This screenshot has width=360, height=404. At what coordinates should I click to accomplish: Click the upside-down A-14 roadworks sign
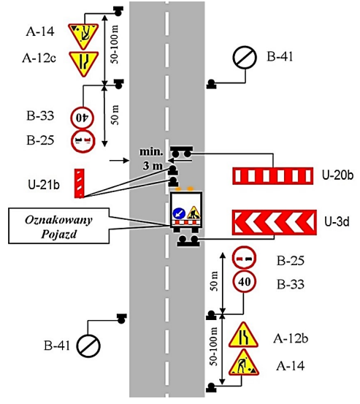83,35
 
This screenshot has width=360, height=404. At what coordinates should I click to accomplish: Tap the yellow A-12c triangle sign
83,63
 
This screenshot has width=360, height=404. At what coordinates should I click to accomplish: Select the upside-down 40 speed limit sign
82,118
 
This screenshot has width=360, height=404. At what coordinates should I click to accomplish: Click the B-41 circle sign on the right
245,58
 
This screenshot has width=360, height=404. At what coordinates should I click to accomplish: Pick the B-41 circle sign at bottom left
88,346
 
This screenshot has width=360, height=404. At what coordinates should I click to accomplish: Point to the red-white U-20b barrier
273,176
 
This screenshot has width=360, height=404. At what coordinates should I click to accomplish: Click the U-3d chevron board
275,222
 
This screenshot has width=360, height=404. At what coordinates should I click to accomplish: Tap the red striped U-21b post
80,183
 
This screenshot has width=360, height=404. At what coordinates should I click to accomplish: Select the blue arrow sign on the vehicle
179,213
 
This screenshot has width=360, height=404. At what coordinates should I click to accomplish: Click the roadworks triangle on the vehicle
194,213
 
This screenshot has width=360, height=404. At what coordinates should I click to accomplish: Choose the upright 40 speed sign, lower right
245,281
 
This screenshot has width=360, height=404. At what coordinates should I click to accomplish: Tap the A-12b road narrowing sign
243,335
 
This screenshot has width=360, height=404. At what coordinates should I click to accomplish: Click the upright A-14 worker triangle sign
244,363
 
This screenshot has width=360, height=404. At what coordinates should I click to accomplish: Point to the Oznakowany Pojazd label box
58,226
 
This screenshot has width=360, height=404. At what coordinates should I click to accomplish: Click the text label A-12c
39,58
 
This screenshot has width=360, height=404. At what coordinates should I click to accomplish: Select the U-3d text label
337,221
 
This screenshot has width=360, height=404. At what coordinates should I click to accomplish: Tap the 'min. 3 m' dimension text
152,159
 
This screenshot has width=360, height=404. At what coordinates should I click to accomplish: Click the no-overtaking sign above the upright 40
245,258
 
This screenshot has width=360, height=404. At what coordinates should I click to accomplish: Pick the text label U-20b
337,175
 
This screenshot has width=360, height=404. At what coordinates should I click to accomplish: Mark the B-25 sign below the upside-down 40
83,141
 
